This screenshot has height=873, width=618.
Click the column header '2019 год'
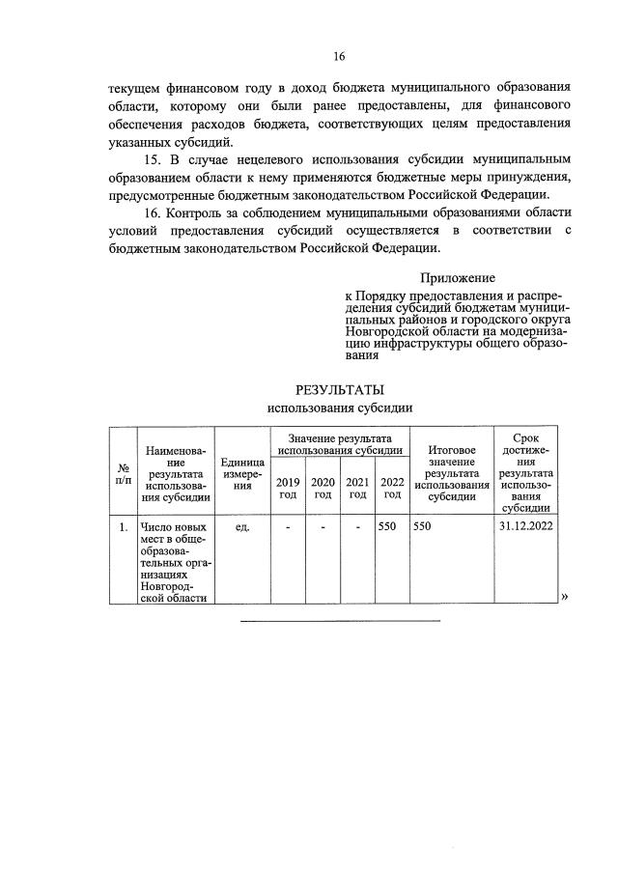tap(288, 488)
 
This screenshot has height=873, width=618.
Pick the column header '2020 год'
tap(323, 488)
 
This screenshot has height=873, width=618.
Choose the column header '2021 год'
tap(357, 488)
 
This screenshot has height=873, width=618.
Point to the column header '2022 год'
tap(392, 488)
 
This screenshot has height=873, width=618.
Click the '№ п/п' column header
tap(123, 472)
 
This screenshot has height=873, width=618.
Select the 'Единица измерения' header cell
tap(242, 472)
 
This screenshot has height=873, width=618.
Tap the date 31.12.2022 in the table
tap(526, 528)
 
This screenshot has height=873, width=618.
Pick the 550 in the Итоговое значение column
tap(425, 528)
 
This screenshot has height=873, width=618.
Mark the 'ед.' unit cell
tap(242, 528)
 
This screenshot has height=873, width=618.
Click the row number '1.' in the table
tap(123, 528)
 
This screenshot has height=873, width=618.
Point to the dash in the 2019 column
tap(288, 528)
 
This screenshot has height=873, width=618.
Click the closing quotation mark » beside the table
tap(564, 596)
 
